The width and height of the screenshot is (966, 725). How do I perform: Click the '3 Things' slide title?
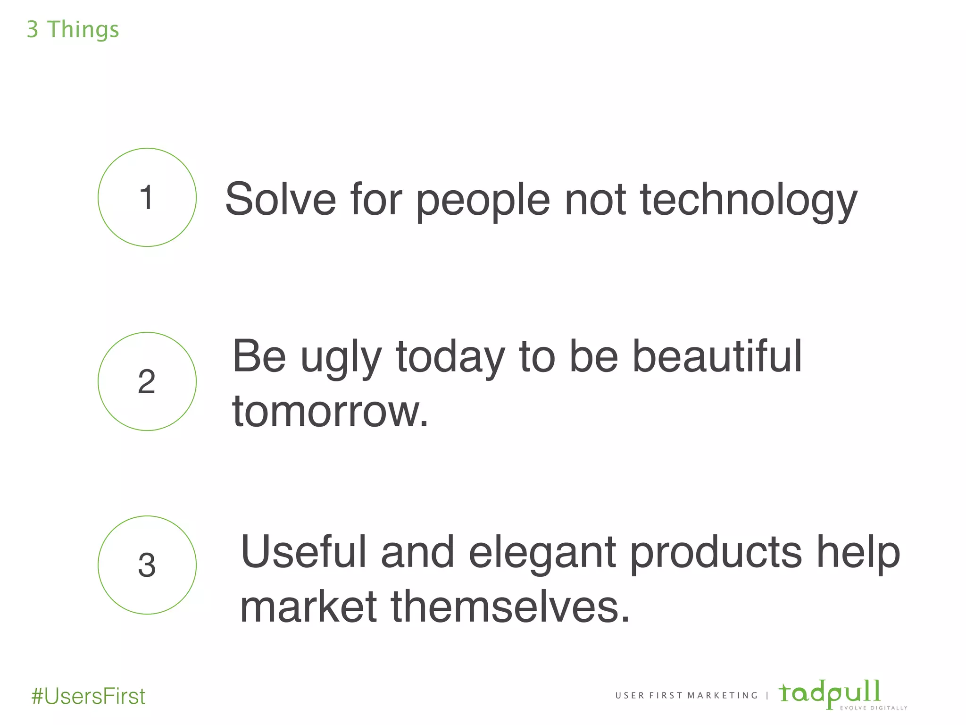pos(73,30)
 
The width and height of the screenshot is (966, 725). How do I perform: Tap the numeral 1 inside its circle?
pos(147,197)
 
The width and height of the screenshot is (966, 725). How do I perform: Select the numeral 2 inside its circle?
pos(147,381)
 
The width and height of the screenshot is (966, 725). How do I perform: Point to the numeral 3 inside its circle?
pos(147,565)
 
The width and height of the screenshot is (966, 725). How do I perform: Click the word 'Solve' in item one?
pos(280,199)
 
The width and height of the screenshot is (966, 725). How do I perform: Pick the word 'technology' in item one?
pos(749,201)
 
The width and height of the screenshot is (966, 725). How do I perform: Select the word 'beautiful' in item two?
pos(716,356)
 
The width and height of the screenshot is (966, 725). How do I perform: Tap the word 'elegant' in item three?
pos(542,553)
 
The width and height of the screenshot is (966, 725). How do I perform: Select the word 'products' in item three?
pos(716,553)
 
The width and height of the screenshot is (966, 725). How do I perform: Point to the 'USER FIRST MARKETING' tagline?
pos(686,696)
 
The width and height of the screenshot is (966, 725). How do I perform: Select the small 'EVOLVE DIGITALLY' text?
pos(874,708)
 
